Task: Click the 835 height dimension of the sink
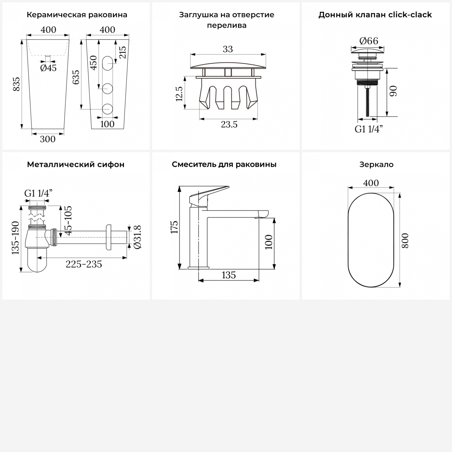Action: coord(17,84)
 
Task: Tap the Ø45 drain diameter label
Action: coord(49,68)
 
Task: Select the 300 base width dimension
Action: coord(48,139)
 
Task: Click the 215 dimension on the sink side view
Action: coord(122,52)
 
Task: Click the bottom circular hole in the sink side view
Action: coord(108,109)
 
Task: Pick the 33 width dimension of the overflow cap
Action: coord(228,49)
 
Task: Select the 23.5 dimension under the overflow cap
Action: coord(229,124)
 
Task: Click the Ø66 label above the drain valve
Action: coord(369,41)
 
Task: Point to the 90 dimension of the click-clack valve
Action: coord(393,91)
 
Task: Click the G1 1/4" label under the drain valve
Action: coord(369,129)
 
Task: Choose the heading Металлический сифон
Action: coord(76,165)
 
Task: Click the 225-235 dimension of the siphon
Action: coord(84,264)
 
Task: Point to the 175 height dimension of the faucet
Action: coord(174,227)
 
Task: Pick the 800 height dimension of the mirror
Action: coord(405,240)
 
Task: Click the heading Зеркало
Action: coord(376,165)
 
